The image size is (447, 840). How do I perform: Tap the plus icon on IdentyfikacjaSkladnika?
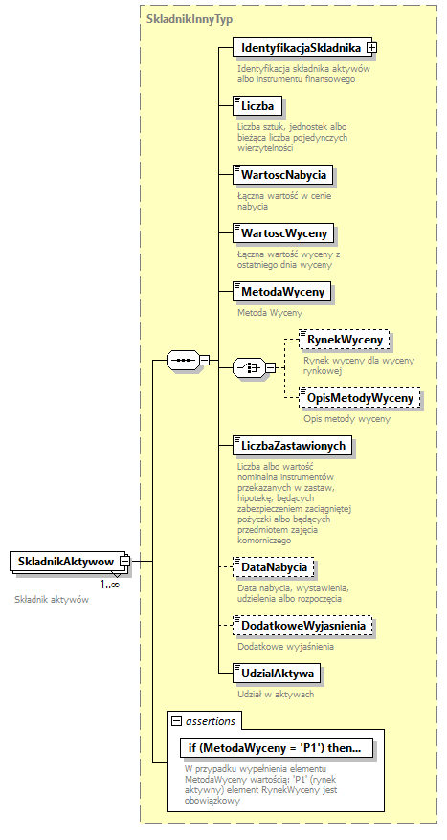[372, 47]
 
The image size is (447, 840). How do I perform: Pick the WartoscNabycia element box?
[283, 174]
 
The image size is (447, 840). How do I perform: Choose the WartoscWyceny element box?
[284, 232]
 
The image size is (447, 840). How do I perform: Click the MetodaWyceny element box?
[283, 291]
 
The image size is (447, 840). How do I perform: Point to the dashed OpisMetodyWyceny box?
[359, 397]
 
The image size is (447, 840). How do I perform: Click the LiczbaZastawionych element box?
[294, 445]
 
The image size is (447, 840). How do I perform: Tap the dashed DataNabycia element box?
[274, 568]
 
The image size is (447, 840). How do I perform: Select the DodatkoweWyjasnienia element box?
[303, 626]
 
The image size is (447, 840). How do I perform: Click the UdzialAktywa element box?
[278, 674]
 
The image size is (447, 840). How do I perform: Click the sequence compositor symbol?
[181, 360]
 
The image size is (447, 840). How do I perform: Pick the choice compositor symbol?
[248, 368]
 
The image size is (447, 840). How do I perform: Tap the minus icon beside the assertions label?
[176, 719]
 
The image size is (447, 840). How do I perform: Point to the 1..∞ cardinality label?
[109, 584]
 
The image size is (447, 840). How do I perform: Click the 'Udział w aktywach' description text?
[276, 694]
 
